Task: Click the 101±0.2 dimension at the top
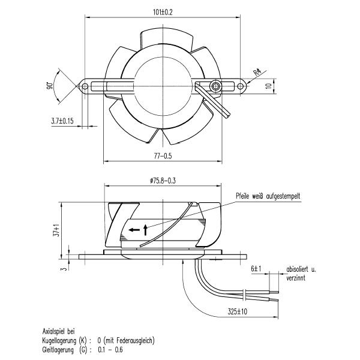[x=163, y=11]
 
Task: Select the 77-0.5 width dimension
[x=163, y=157]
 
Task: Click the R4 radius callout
[x=257, y=72]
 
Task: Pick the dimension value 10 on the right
[x=269, y=86]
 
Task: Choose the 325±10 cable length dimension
[x=239, y=312]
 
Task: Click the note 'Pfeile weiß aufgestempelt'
[x=269, y=196]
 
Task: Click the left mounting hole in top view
[x=85, y=86]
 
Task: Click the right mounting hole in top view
[x=241, y=86]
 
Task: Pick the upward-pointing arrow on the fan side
[x=145, y=228]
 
